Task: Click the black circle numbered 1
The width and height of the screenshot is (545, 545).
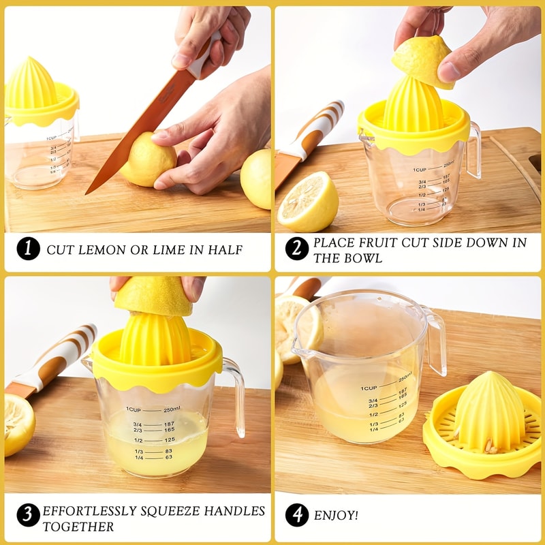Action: pyautogui.click(x=28, y=249)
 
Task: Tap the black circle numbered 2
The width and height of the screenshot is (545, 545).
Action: pyautogui.click(x=296, y=249)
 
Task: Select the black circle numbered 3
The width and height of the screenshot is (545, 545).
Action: pyautogui.click(x=28, y=515)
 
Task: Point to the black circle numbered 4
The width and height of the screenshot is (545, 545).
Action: pyautogui.click(x=296, y=515)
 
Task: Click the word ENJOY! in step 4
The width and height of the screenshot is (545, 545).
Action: pyautogui.click(x=335, y=516)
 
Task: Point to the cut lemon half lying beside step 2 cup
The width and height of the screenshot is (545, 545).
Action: pyautogui.click(x=307, y=201)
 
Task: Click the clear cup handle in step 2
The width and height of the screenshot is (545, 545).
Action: pyautogui.click(x=473, y=150)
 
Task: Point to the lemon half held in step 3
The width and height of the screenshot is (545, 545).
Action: pyautogui.click(x=153, y=297)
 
